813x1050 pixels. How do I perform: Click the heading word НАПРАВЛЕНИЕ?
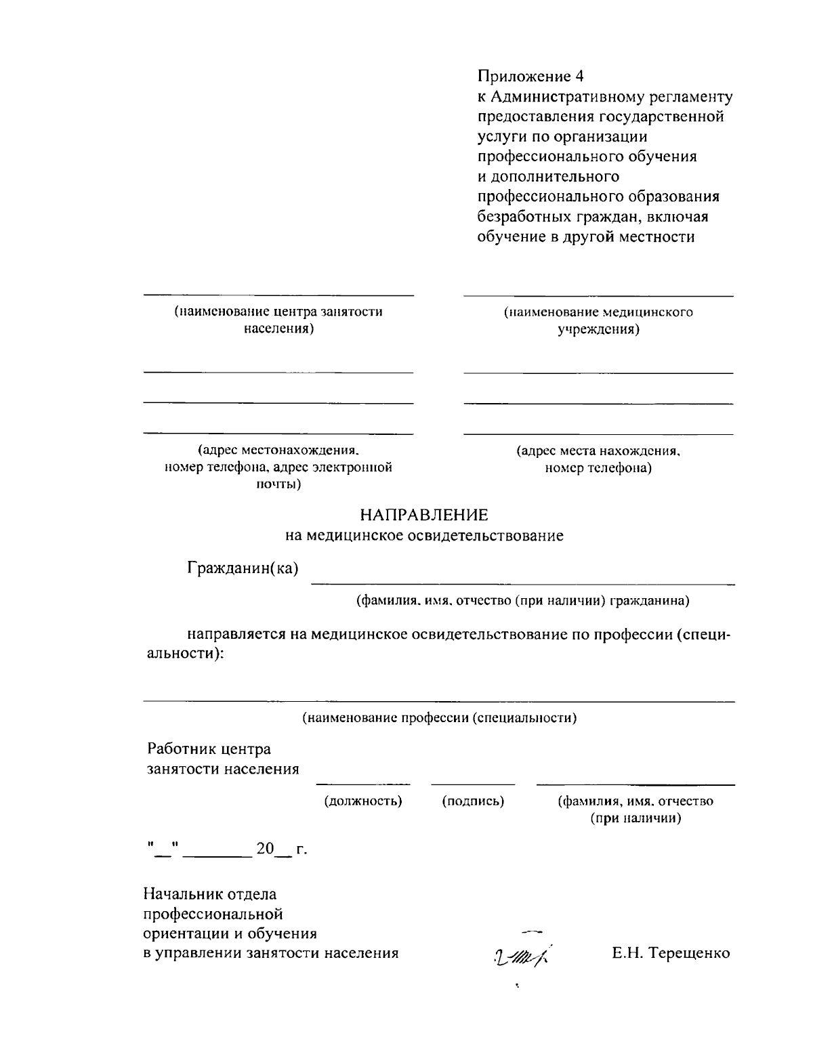tap(423, 516)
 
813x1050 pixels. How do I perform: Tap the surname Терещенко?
tap(690, 953)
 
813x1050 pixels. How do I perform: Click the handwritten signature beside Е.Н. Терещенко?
tap(521, 955)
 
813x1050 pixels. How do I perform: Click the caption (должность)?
tap(363, 801)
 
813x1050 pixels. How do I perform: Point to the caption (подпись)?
tap(473, 801)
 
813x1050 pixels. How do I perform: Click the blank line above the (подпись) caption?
tap(473, 784)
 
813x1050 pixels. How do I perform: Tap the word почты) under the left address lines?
tap(278, 484)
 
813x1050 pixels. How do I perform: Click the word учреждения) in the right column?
tap(598, 330)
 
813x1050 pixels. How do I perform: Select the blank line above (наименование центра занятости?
tap(278, 295)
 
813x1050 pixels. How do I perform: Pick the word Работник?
tap(178, 749)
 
